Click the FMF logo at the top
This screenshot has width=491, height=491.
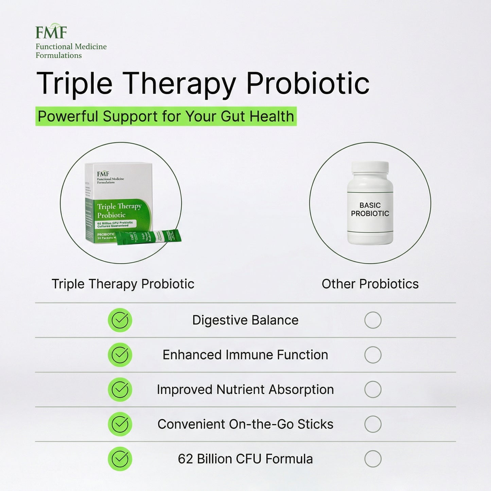(51, 32)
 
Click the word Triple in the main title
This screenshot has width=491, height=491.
(74, 84)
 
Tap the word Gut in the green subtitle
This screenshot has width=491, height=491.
(233, 116)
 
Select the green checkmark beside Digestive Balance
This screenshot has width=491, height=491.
(120, 320)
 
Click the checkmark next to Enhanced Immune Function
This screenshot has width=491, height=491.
(120, 355)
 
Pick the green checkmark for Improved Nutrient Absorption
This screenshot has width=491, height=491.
(120, 389)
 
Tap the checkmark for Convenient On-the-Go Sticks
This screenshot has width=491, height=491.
(120, 424)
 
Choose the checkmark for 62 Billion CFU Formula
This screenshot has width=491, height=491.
(120, 459)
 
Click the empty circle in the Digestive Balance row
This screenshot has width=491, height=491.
(373, 320)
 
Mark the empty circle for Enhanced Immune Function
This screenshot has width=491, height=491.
(373, 355)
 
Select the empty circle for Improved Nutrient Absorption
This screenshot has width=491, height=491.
(373, 389)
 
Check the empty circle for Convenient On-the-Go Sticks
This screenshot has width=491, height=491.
(373, 424)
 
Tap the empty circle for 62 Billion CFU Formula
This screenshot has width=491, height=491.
(373, 459)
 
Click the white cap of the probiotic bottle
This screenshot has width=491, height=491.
(370, 167)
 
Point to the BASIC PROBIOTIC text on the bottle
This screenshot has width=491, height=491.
(370, 209)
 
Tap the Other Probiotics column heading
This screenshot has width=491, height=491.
(370, 284)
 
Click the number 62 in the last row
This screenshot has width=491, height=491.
(185, 459)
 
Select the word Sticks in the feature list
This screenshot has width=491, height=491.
(315, 424)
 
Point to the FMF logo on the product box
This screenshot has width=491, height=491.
(103, 174)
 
